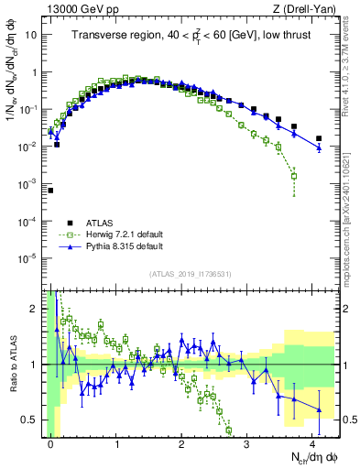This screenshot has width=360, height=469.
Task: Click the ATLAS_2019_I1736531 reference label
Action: click(x=183, y=276)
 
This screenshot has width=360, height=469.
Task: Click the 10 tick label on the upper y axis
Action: click(x=31, y=34)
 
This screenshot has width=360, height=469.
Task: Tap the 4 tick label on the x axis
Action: click(x=312, y=442)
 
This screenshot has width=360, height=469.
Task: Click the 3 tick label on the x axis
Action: click(x=247, y=442)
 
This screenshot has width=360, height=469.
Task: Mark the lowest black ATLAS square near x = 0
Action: click(x=50, y=191)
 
